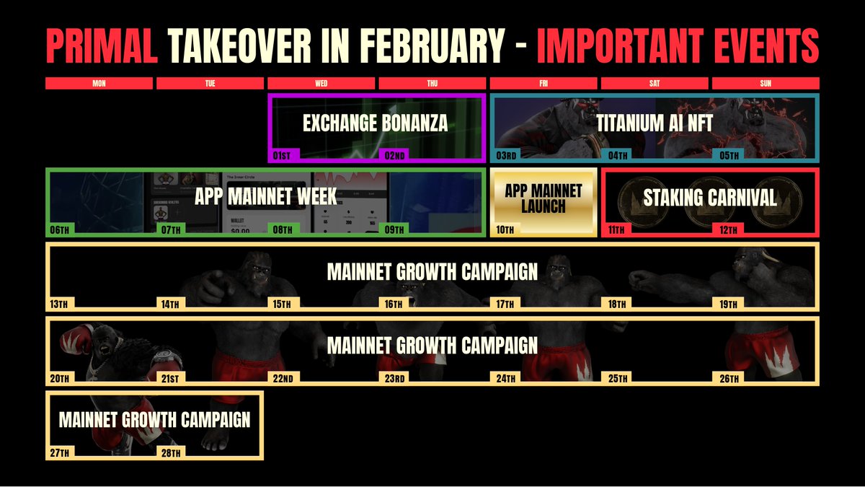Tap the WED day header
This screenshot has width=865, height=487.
point(321,84)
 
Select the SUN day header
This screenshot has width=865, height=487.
point(766,84)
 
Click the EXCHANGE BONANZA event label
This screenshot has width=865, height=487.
point(375,123)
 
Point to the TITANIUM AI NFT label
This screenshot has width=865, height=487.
point(654,123)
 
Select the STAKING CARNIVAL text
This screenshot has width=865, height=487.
point(709,198)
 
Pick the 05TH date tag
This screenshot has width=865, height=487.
point(727,155)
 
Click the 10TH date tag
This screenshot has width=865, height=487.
point(505,229)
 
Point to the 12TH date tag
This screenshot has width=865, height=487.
point(727,229)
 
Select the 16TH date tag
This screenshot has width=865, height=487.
point(393,304)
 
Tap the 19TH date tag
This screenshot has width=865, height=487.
point(727,304)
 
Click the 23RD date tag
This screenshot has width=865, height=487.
point(393,378)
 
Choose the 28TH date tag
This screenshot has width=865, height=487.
point(171,452)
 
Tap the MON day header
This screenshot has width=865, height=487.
point(99,84)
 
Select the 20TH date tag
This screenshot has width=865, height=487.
point(60,378)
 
